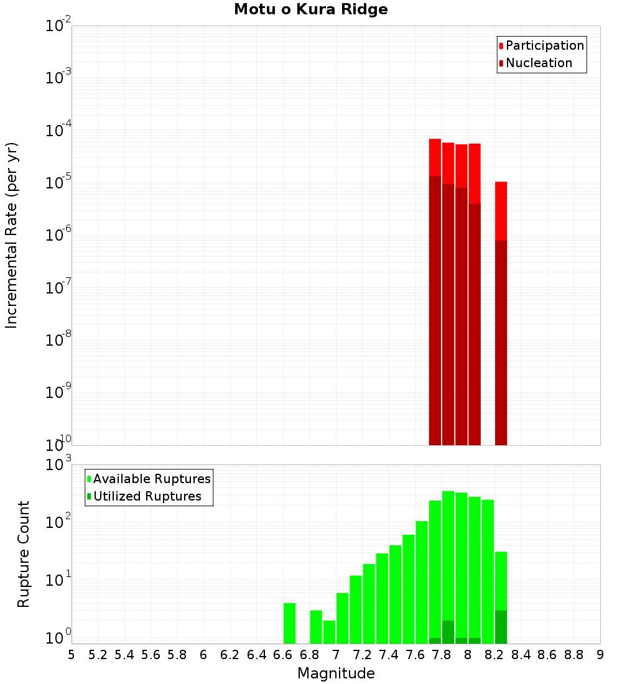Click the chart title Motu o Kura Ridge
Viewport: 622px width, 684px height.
coord(310,9)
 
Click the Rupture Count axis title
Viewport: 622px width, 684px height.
coord(24,554)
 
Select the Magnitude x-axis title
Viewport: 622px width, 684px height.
coord(336,673)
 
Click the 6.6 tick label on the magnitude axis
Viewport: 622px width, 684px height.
coord(283,655)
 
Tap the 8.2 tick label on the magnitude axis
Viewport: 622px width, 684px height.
coord(494,655)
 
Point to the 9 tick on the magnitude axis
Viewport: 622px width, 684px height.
coord(600,655)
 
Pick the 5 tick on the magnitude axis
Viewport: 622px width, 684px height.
coord(72,655)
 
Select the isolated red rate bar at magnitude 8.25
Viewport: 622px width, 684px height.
coord(501,211)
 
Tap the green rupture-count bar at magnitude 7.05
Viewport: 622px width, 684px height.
coord(342,618)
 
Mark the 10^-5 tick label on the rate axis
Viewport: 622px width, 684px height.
coord(58,183)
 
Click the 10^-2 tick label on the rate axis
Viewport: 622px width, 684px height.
coord(58,26)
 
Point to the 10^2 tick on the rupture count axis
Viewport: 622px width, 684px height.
coord(60,522)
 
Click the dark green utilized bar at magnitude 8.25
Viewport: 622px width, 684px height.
coord(501,627)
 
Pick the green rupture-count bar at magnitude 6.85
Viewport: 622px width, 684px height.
coord(316,627)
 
